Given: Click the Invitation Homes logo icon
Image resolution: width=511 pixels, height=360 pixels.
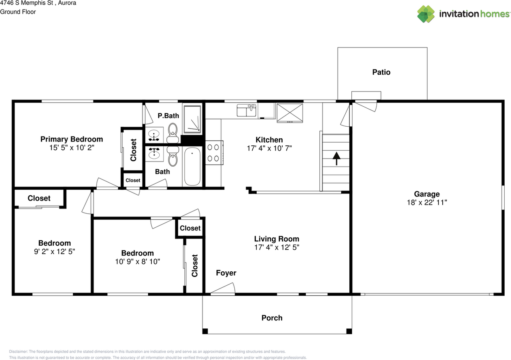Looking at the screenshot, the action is click(x=426, y=14).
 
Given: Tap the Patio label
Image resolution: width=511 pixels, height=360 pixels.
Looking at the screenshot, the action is click(x=381, y=72).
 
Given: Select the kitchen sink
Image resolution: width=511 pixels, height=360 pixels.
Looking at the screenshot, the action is click(x=246, y=111).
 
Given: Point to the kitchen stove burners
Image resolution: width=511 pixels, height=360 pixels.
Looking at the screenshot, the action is click(x=213, y=153).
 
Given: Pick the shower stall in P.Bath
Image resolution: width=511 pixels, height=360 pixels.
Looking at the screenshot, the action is click(x=192, y=119).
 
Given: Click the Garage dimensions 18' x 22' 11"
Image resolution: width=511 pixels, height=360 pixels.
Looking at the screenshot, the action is click(x=427, y=203).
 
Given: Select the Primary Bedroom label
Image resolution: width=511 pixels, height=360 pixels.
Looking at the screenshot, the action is click(x=71, y=139).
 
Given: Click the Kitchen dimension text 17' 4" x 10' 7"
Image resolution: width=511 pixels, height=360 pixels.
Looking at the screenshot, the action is click(x=269, y=148).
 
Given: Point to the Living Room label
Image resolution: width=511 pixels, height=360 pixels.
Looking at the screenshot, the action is click(x=277, y=239).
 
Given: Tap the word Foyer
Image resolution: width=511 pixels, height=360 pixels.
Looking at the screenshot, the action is click(x=226, y=273).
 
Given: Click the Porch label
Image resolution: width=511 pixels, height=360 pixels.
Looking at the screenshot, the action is click(x=272, y=318).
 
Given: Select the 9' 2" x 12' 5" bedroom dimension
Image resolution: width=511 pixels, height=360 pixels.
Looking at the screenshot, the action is click(x=55, y=252).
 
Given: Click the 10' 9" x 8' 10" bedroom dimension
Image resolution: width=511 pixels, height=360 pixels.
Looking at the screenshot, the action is click(x=138, y=262).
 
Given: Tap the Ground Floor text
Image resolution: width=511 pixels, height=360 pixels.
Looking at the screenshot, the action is click(x=18, y=12).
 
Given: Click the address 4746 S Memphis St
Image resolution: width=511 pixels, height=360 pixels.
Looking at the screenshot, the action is click(x=26, y=3).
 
